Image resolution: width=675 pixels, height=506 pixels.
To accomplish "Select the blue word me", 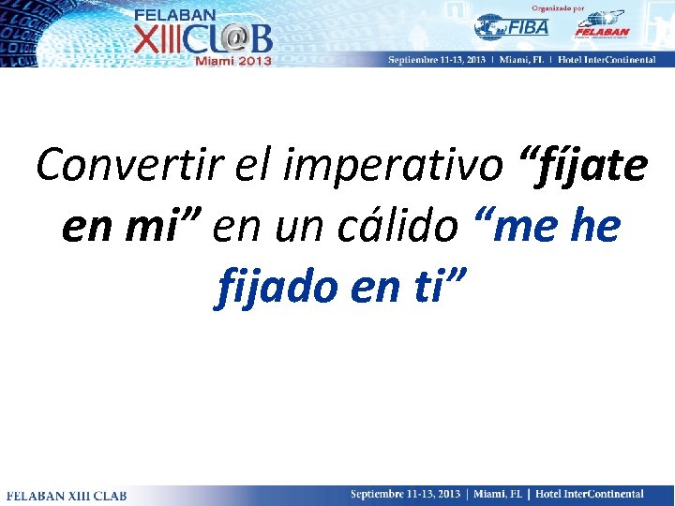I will pos(517,226).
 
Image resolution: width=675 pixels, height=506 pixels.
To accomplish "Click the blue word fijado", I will pos(276,285).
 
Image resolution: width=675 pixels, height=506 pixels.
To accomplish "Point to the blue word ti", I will pos(430,285).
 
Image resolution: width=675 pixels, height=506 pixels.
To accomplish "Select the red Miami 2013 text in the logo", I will pos(233,60).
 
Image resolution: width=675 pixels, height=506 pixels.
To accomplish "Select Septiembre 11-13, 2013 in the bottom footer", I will pos(406,494).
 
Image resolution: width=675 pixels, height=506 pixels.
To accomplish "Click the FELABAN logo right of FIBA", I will pos(601,26).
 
